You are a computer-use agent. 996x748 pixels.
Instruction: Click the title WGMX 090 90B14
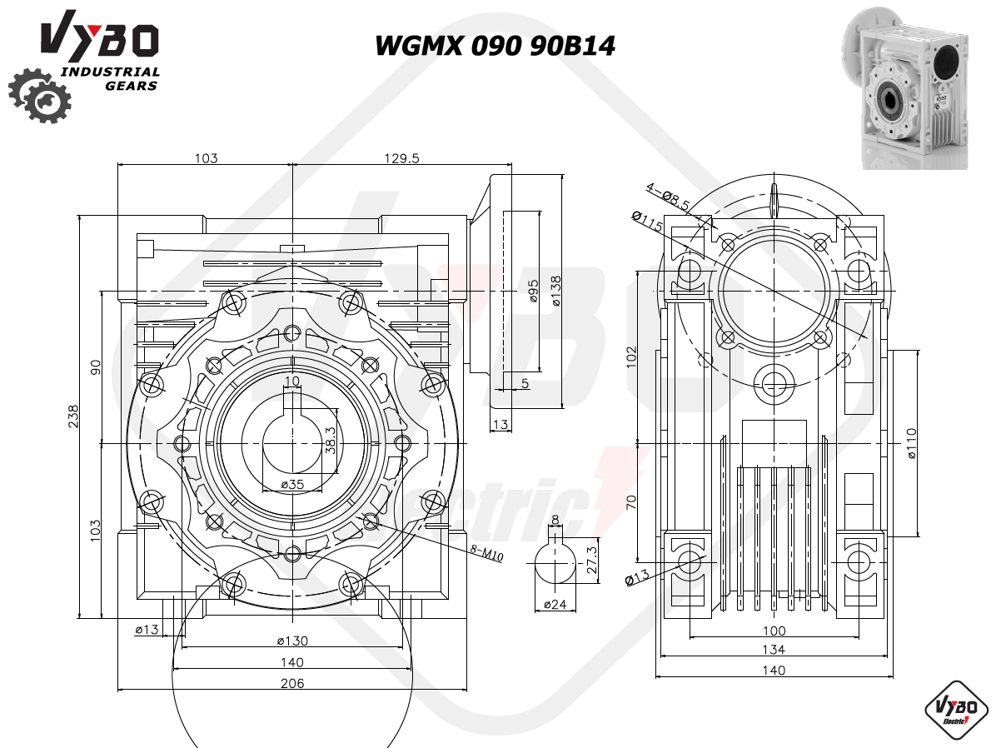coord(495,46)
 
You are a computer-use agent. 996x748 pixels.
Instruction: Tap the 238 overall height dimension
coord(73,416)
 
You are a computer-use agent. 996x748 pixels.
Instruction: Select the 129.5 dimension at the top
coord(401,157)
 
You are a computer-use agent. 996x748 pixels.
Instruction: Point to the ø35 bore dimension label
coord(292,484)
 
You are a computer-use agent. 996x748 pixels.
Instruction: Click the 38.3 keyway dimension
coord(331,440)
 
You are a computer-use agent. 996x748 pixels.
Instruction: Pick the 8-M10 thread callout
coord(486,554)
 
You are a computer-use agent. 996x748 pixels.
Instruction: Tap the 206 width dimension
coord(292,683)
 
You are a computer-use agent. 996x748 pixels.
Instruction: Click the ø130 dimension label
coord(292,641)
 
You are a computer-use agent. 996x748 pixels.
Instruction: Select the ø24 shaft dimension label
coord(555,605)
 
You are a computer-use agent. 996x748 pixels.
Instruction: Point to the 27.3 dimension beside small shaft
coord(592,560)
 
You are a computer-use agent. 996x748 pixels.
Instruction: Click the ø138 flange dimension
coord(556,291)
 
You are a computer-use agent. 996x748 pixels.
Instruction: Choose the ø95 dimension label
coord(534,291)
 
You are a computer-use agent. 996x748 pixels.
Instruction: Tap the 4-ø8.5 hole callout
coord(668,197)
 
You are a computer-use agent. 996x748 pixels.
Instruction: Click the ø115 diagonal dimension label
coord(647,222)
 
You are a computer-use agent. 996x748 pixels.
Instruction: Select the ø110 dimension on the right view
coord(911,444)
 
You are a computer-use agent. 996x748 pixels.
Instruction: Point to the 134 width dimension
coord(774,650)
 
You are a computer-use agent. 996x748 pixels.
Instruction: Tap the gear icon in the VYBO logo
coord(39,95)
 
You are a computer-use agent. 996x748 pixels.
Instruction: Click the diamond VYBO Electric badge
coord(955,711)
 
